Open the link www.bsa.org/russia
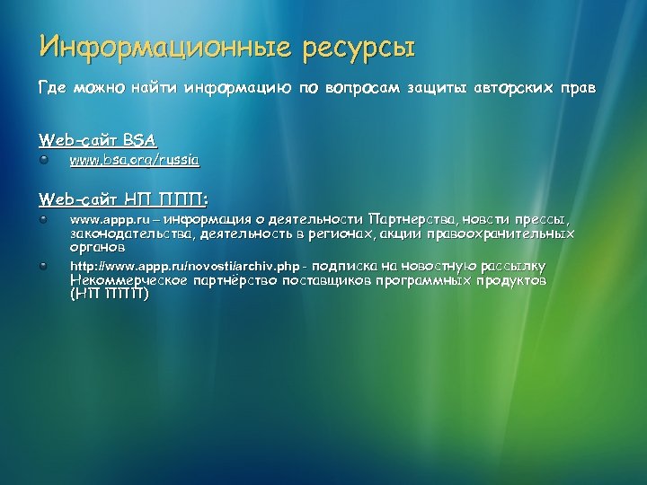pyautogui.click(x=135, y=160)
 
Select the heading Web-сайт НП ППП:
pyautogui.click(x=123, y=198)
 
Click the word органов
pyautogui.click(x=98, y=246)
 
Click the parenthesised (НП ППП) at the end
pyautogui.click(x=109, y=294)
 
